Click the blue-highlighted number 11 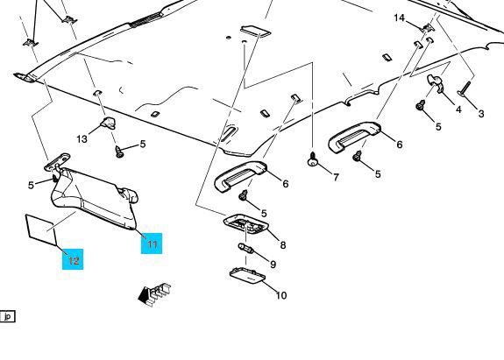click(152, 244)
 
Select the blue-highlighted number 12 click(74, 260)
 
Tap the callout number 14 click(399, 18)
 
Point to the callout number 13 click(82, 138)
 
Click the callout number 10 click(281, 295)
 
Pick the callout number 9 click(273, 265)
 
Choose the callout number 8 click(283, 245)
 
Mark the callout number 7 click(336, 177)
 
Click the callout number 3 click(481, 113)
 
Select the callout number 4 click(458, 109)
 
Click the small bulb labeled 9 click(246, 248)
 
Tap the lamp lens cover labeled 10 click(247, 276)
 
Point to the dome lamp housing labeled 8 click(246, 223)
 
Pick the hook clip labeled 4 click(435, 83)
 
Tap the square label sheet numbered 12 click(41, 230)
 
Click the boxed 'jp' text click(7, 317)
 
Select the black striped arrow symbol click(154, 293)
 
